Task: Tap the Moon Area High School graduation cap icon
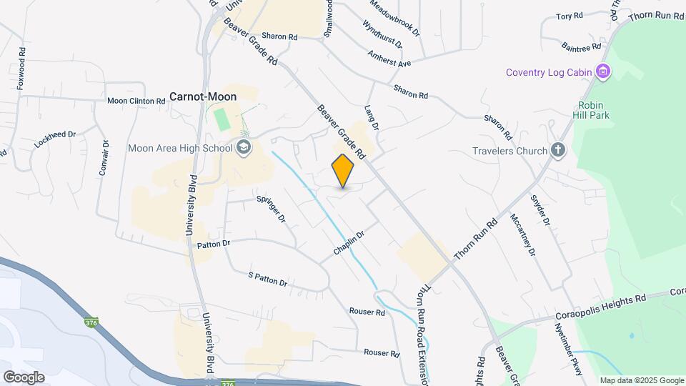(244, 148)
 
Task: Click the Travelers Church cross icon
(558, 151)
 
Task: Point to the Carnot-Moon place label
(203, 96)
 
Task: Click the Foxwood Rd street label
(22, 69)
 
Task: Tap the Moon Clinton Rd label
(136, 102)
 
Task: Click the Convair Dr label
(106, 157)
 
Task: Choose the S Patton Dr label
(267, 279)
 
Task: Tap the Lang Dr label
(370, 118)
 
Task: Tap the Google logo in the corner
(24, 377)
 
